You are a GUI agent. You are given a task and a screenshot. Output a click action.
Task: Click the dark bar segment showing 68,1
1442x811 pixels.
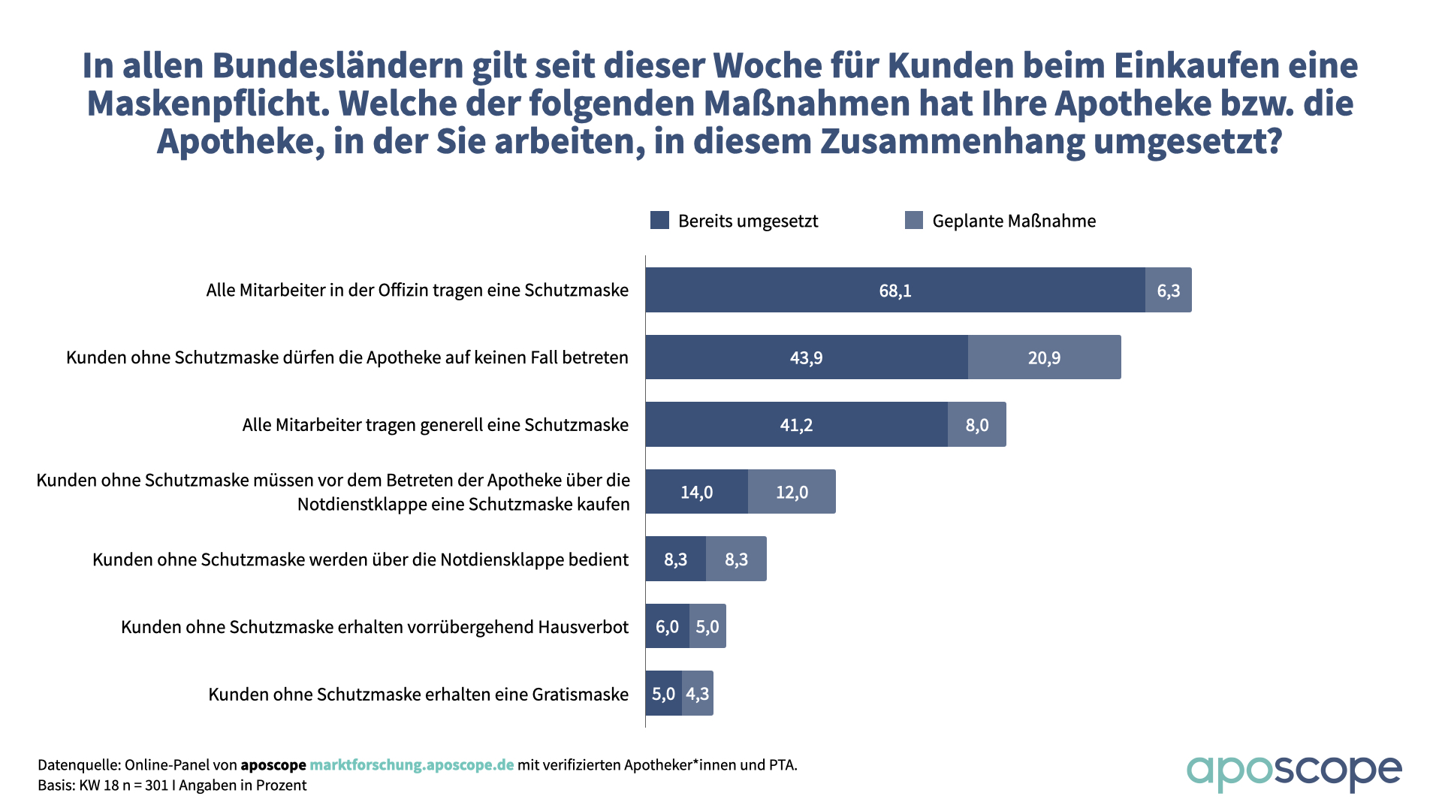point(895,291)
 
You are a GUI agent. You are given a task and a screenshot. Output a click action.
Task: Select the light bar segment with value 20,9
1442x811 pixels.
point(1044,357)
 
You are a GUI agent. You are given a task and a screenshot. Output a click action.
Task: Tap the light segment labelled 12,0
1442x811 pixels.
point(792,492)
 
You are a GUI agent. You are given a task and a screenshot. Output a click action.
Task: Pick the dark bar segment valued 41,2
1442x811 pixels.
point(796,425)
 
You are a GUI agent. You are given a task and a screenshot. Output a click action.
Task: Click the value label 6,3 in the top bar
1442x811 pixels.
point(1169,291)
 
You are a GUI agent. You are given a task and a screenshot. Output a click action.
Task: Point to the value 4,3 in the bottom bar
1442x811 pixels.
point(698,694)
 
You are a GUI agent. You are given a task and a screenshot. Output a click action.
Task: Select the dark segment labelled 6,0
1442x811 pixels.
point(667,626)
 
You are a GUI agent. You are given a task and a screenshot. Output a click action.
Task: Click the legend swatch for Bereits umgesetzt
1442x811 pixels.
point(659,220)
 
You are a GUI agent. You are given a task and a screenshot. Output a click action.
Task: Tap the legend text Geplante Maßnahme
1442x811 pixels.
point(1014,221)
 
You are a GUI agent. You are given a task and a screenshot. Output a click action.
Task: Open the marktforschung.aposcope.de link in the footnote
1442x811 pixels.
point(412,765)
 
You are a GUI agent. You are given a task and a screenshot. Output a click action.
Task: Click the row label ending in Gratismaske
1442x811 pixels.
point(418,695)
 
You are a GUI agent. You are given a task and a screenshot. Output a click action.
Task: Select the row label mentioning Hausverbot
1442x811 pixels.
point(375,627)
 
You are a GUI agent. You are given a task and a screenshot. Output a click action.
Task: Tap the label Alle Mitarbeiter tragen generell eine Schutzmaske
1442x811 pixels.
point(435,425)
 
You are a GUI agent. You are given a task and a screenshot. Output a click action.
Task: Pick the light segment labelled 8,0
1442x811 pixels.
point(976,425)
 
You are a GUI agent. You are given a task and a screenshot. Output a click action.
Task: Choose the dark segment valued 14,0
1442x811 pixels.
point(696,492)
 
